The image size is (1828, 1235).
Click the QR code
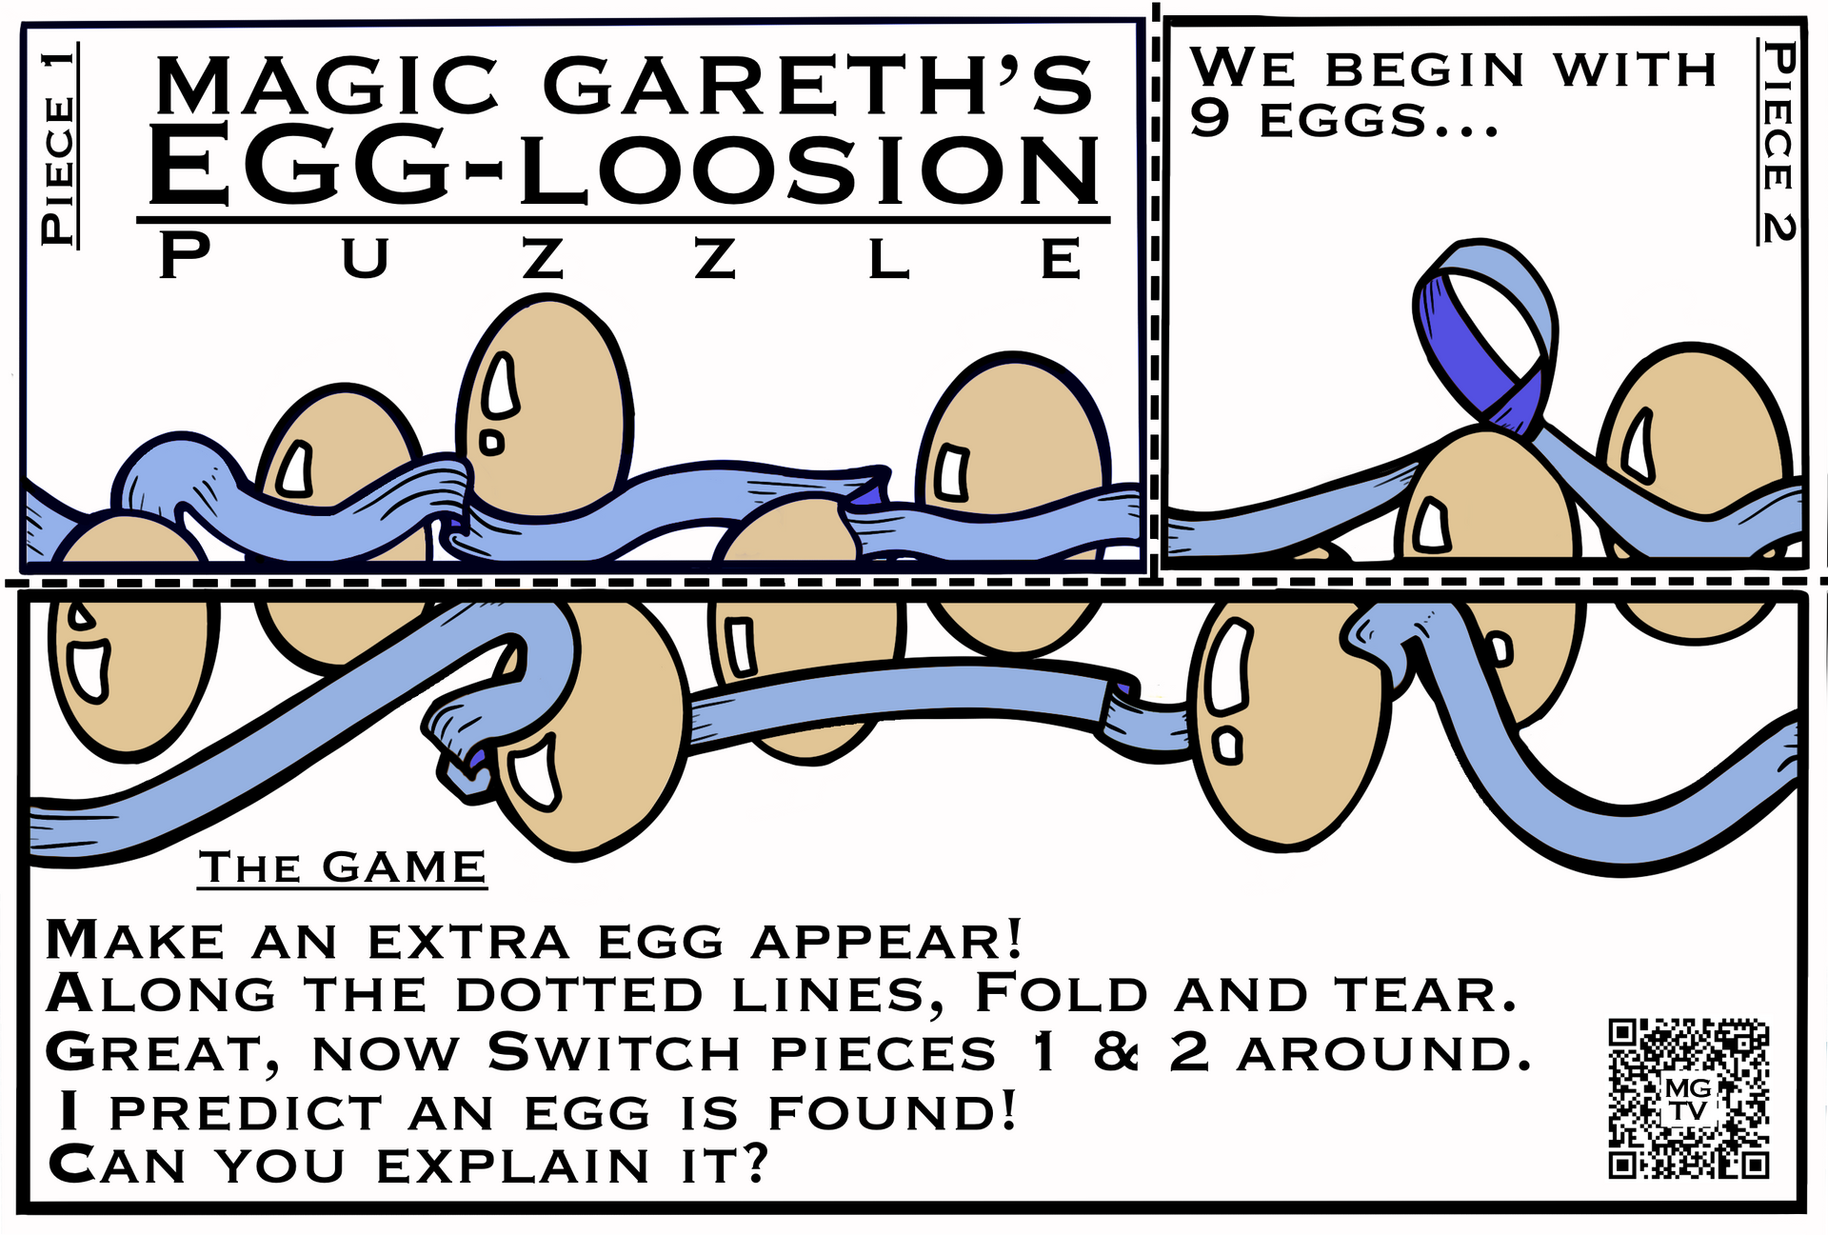1688,1098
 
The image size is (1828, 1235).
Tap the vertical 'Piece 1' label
59,146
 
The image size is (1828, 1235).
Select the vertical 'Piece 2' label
1777,141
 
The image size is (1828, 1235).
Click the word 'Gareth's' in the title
819,86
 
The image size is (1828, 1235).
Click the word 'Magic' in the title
327,86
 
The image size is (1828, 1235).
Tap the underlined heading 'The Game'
342,868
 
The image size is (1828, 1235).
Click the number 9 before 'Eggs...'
1210,119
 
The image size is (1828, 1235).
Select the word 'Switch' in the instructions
613,1052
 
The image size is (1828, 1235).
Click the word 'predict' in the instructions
246,1113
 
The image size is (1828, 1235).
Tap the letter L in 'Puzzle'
888,258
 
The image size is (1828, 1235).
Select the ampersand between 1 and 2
1116,1052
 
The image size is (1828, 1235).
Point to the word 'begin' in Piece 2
1425,70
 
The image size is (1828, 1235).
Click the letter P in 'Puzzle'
185,257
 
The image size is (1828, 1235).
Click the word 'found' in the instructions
892,1111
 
